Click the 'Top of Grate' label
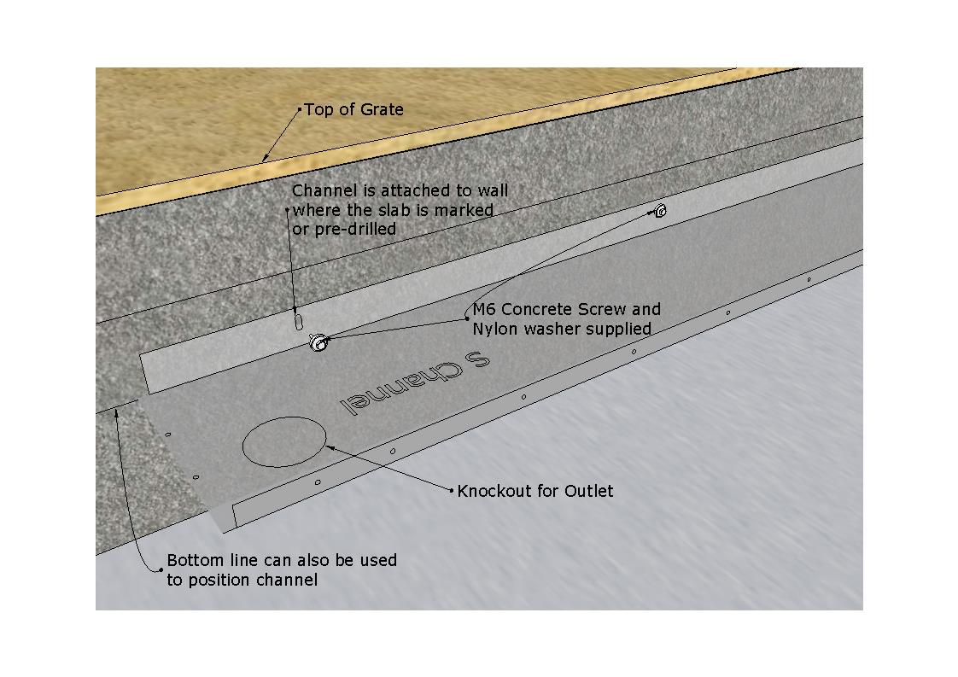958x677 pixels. tap(353, 110)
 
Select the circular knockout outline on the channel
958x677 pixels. tap(284, 441)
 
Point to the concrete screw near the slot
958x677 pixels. tap(318, 342)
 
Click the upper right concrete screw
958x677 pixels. tap(660, 211)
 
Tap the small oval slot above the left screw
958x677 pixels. tap(299, 321)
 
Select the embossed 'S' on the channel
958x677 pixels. tap(478, 360)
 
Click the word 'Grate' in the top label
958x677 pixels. tap(381, 110)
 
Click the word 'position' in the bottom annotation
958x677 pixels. tap(218, 580)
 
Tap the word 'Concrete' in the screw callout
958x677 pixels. tap(537, 309)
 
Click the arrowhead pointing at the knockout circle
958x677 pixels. tap(330, 448)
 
